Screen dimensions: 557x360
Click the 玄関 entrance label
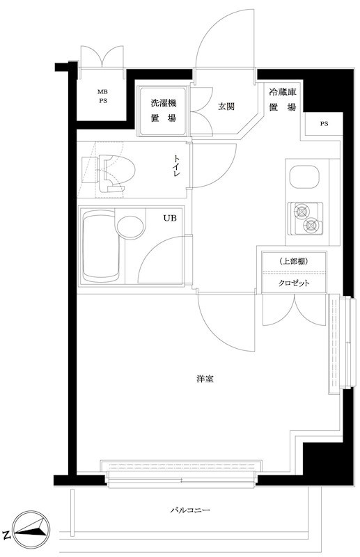tap(225, 107)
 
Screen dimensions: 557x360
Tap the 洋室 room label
tap(205, 379)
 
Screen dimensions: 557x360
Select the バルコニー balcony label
tap(191, 510)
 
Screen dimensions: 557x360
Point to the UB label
tap(170, 218)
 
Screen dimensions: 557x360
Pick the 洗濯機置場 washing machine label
tap(164, 111)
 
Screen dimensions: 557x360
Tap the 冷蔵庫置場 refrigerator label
tap(282, 99)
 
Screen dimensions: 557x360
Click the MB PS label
tap(102, 96)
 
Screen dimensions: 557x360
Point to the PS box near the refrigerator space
tap(324, 124)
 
